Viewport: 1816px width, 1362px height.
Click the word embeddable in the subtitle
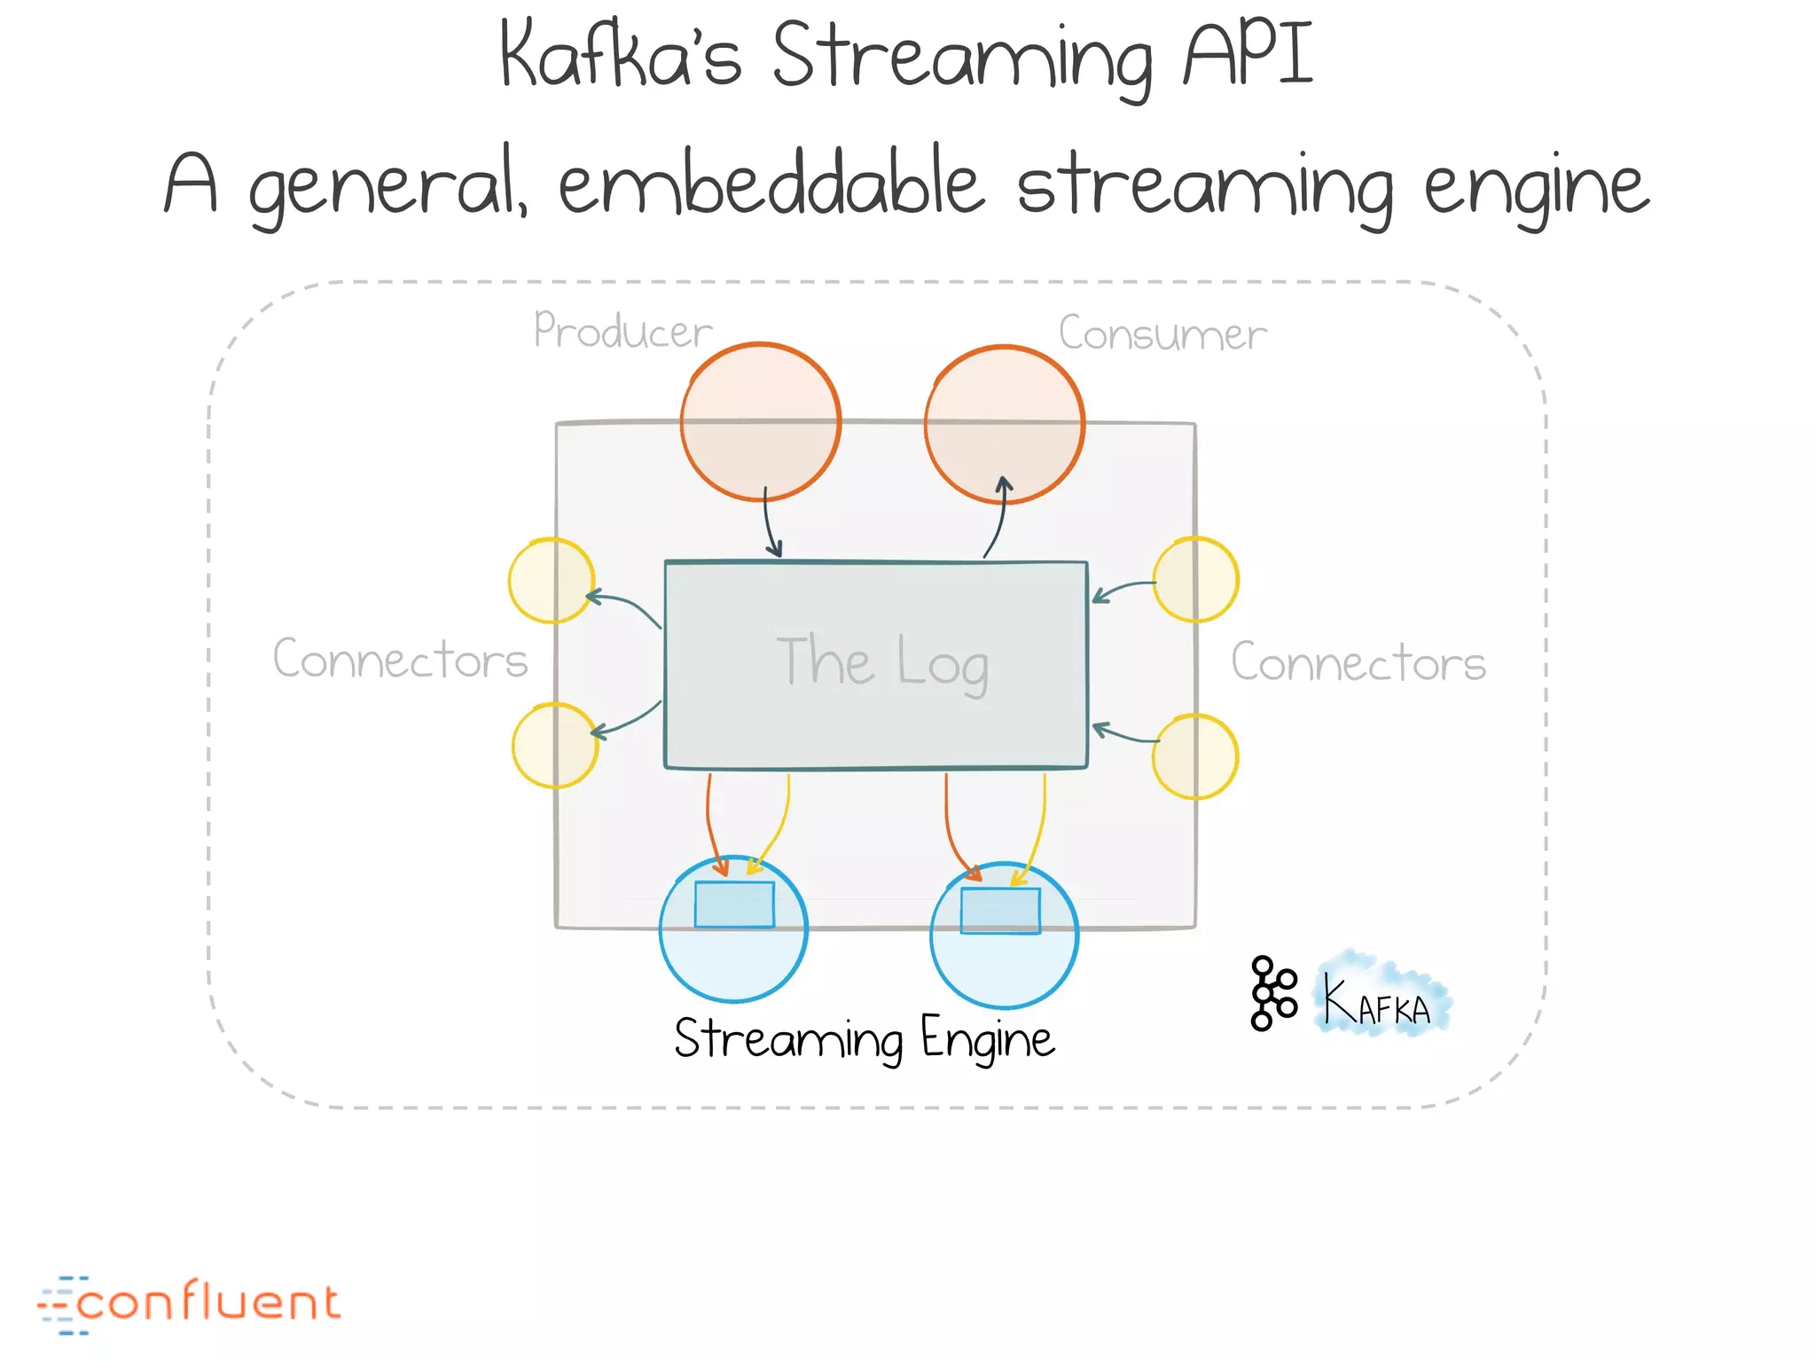point(771,184)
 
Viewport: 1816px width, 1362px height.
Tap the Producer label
point(622,331)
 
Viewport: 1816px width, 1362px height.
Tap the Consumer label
point(1162,334)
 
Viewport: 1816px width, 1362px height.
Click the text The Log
point(881,661)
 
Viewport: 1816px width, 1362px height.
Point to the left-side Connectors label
point(400,660)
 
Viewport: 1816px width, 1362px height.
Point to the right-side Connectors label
point(1358,663)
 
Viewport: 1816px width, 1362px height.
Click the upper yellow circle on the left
point(551,581)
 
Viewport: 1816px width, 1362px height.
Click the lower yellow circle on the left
point(555,746)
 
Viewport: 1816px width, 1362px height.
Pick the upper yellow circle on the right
point(1195,580)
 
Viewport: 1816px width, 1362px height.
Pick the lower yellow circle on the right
point(1194,756)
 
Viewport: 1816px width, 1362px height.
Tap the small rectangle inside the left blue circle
point(734,904)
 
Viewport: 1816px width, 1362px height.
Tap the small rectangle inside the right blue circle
point(1000,911)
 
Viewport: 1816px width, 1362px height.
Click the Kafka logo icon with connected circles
point(1272,993)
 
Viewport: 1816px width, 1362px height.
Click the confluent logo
point(190,1303)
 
